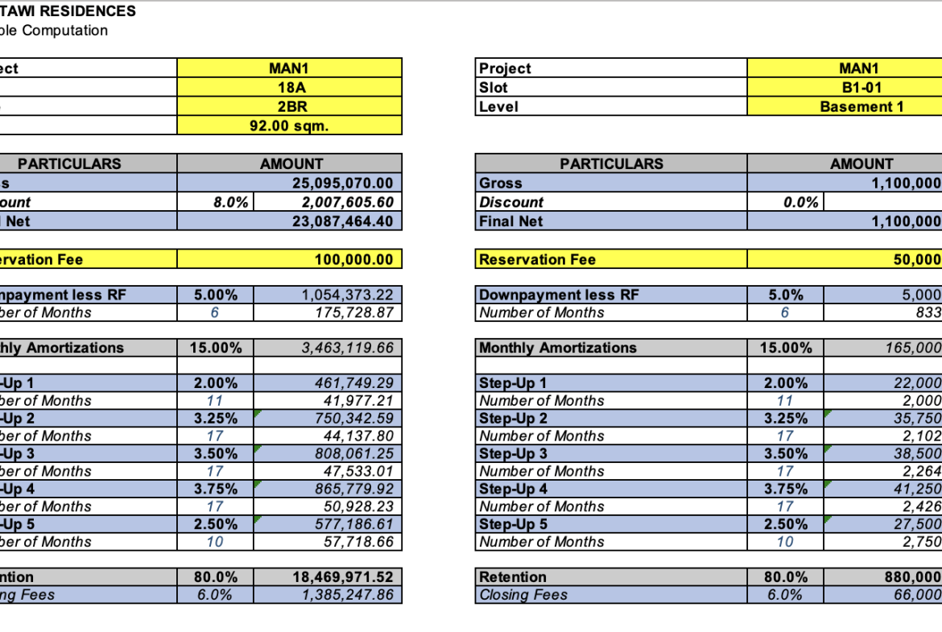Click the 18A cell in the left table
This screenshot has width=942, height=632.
pos(290,87)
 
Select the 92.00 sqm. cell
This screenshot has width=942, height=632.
pos(290,126)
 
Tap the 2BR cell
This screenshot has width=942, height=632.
pos(290,106)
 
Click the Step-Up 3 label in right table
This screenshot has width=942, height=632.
pos(514,453)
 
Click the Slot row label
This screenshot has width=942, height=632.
pos(494,87)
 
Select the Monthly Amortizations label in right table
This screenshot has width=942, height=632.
pos(557,348)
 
